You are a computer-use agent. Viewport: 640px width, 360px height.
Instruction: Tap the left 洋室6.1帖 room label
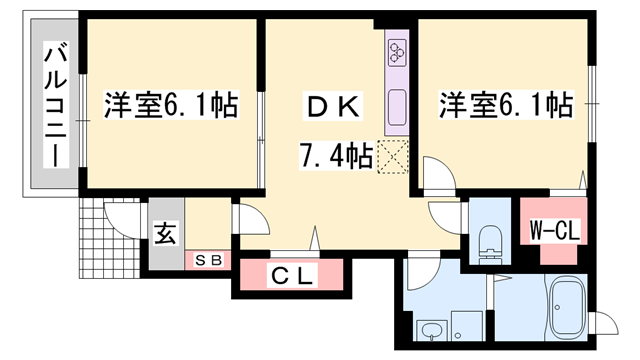(x=171, y=104)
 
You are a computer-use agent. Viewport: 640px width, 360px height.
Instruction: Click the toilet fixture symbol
(x=491, y=240)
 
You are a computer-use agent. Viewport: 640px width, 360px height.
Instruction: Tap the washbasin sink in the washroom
(x=432, y=329)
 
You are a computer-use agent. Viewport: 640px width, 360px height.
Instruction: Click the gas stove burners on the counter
(x=396, y=50)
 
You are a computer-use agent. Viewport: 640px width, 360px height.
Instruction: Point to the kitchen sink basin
(x=395, y=104)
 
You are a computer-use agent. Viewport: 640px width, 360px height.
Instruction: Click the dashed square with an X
(x=394, y=157)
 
